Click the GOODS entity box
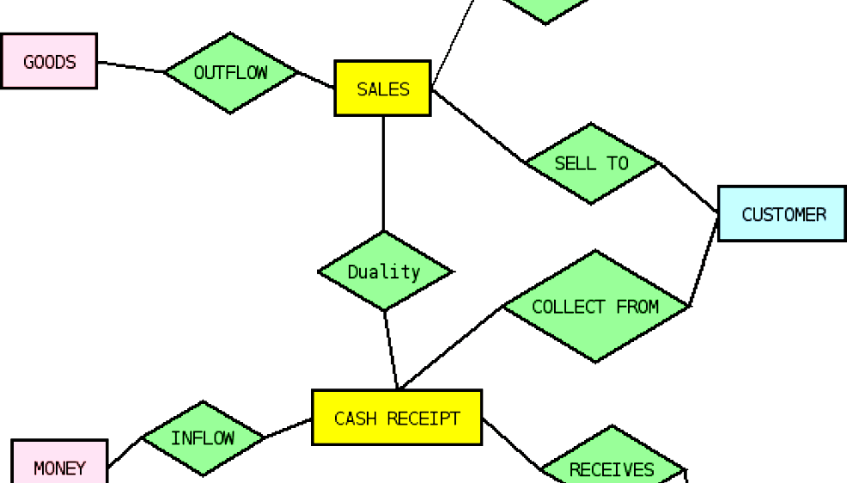(49, 61)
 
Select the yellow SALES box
(382, 89)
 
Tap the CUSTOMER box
(783, 214)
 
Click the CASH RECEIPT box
(397, 419)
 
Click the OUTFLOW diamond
(230, 73)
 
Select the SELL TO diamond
(591, 163)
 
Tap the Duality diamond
(384, 272)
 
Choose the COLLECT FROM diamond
(595, 307)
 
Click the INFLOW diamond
(203, 438)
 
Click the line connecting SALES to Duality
(383, 172)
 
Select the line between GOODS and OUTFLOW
(131, 67)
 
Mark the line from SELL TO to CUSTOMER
(688, 187)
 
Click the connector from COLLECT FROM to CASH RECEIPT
(450, 348)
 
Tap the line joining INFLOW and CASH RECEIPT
(288, 429)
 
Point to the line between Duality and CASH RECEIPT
(391, 351)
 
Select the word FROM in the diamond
(637, 307)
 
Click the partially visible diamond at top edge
(546, 8)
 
